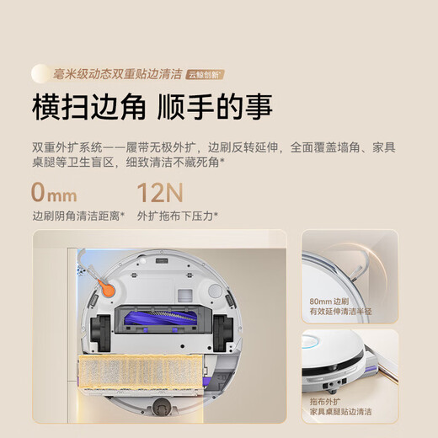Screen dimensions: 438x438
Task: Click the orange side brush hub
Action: coord(108,287)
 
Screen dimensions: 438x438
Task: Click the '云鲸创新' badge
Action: coord(206,74)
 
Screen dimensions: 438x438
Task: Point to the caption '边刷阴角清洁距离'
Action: coord(77,216)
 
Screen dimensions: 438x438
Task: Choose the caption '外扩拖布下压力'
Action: coord(177,216)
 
